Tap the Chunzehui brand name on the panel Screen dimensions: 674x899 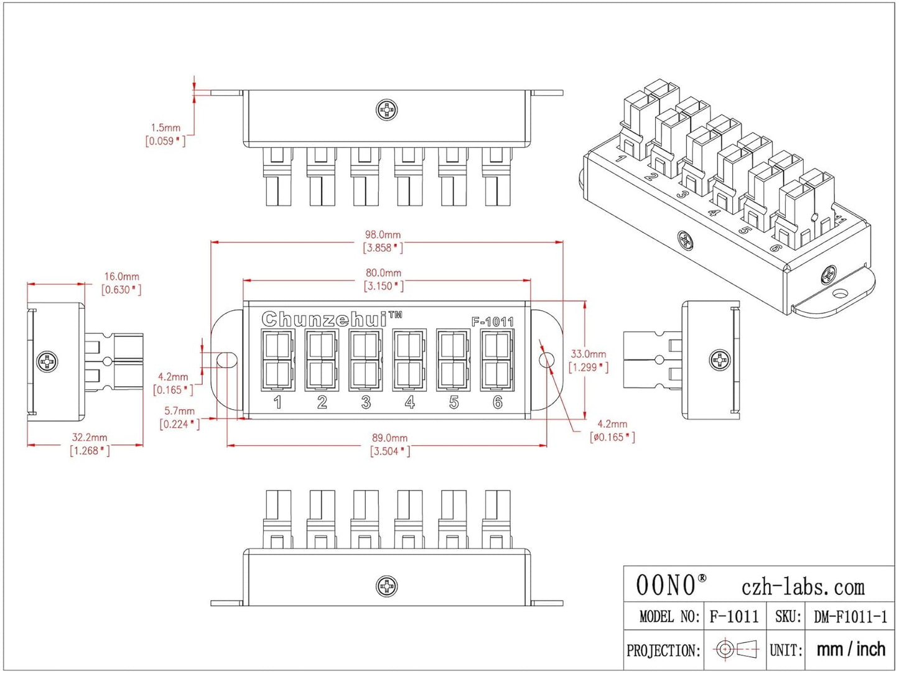pyautogui.click(x=324, y=319)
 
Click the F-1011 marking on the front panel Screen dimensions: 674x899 pyautogui.click(x=493, y=321)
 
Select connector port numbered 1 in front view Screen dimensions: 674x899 pyautogui.click(x=277, y=361)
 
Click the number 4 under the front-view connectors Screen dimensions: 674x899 pyautogui.click(x=409, y=403)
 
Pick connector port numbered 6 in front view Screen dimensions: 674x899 pyautogui.click(x=497, y=361)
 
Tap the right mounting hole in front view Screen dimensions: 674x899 pyautogui.click(x=547, y=360)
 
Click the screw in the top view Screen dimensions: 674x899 pyautogui.click(x=387, y=110)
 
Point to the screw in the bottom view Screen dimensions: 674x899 pyautogui.click(x=387, y=586)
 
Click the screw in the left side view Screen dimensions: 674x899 pyautogui.click(x=47, y=361)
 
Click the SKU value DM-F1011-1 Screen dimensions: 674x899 pyautogui.click(x=850, y=617)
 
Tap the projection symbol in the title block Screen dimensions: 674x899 pyautogui.click(x=735, y=650)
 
